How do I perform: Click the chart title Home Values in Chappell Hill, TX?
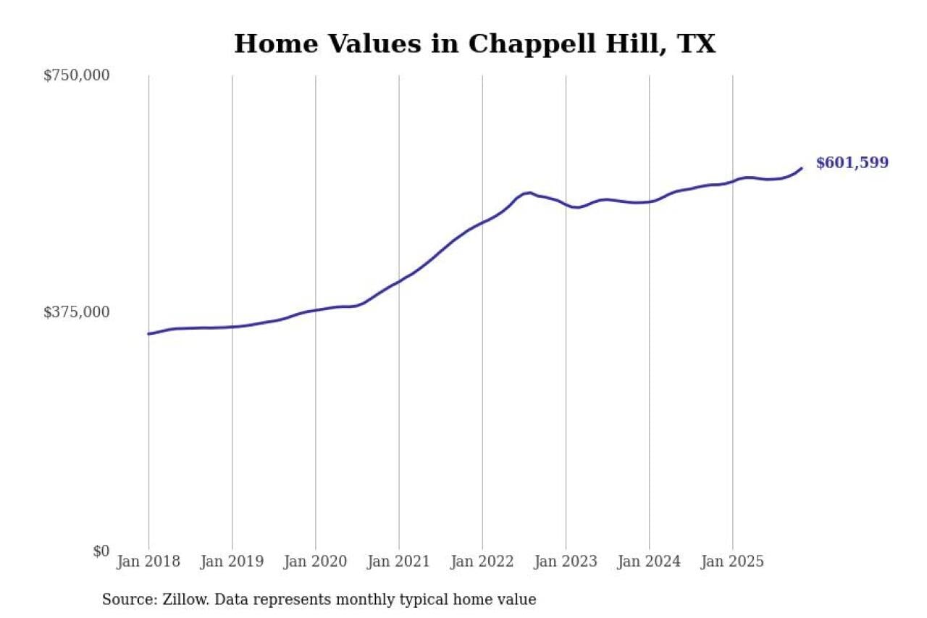(x=474, y=44)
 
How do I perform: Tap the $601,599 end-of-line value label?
(x=852, y=163)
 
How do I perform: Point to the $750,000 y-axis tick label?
(x=77, y=75)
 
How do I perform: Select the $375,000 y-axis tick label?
(x=77, y=312)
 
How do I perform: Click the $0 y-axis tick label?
(x=101, y=551)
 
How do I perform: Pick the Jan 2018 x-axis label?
(x=148, y=562)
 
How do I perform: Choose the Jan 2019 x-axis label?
(x=232, y=562)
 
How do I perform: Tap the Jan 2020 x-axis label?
(x=315, y=562)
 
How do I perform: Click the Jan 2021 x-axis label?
(x=398, y=562)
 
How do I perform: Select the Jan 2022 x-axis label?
(x=482, y=562)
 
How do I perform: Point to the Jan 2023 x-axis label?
(x=566, y=562)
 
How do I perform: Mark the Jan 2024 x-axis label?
(x=649, y=562)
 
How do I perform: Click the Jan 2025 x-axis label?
(x=732, y=562)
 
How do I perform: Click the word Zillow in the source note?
(x=179, y=600)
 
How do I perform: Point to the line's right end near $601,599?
(x=801, y=168)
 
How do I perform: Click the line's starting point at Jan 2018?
(x=148, y=334)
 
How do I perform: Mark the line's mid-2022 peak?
(x=529, y=193)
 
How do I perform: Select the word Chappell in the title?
(x=521, y=44)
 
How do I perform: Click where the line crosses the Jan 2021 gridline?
(x=398, y=282)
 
